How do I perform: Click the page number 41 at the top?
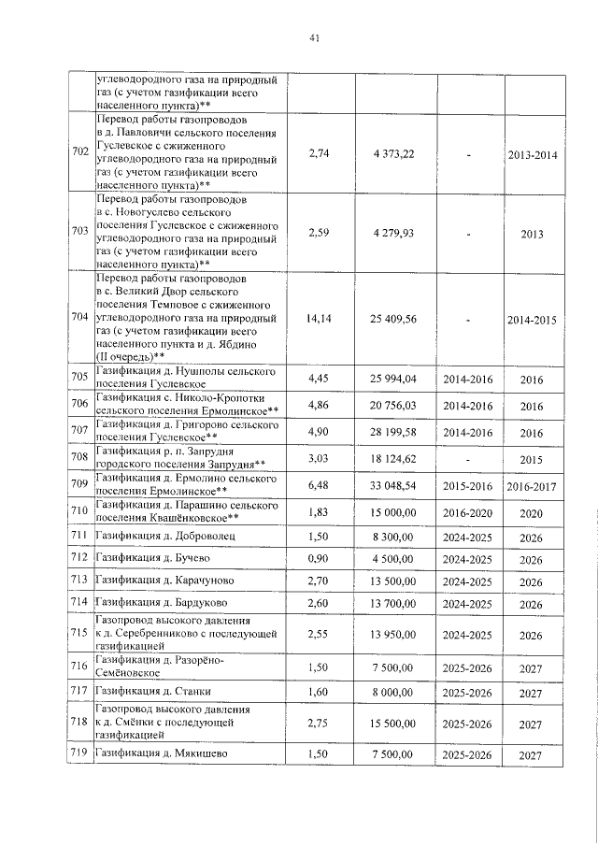pos(314,37)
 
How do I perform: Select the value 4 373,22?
pos(392,153)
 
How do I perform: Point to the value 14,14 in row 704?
pos(320,320)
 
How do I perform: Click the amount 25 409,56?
pos(392,320)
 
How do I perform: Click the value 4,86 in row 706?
pos(320,406)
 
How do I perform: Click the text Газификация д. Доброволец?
pos(155,536)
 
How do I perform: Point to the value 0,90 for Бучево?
pos(320,559)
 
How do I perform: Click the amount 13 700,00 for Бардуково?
pos(392,605)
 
